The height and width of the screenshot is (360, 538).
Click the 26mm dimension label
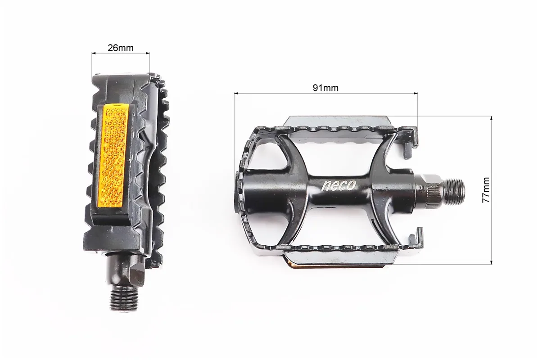(121, 47)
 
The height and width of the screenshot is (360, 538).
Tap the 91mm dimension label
(325, 88)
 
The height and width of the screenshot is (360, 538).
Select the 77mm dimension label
(486, 190)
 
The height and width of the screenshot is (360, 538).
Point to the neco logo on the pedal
(339, 185)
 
